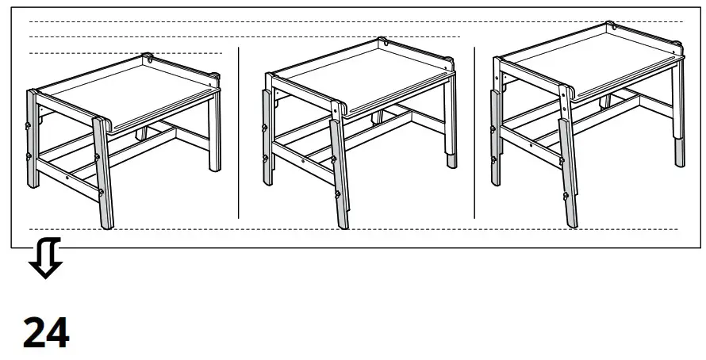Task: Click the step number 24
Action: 46,334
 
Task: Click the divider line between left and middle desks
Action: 239,132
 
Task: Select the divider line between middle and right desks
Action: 474,132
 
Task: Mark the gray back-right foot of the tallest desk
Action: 680,153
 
